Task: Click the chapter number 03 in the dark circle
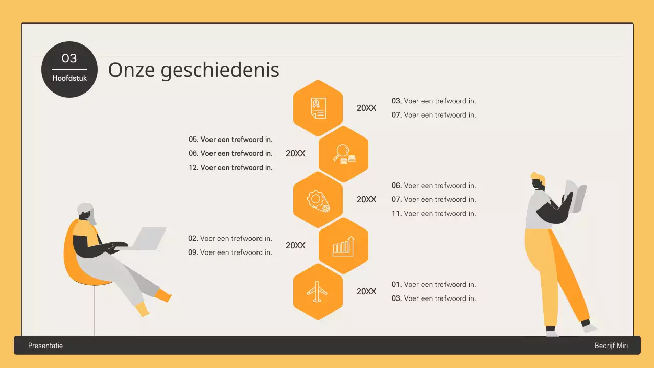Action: click(x=69, y=58)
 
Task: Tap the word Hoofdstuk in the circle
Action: click(x=69, y=79)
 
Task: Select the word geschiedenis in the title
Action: click(x=220, y=70)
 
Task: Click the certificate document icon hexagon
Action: click(x=318, y=108)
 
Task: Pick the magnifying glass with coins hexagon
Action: click(x=343, y=154)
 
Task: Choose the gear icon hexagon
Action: click(x=318, y=199)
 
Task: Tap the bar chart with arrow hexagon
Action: click(x=343, y=245)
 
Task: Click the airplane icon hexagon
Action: click(x=318, y=291)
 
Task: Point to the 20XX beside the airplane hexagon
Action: click(x=366, y=291)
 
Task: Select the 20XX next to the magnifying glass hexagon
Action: click(x=295, y=153)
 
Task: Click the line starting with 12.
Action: click(x=230, y=167)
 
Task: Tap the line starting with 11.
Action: click(x=434, y=213)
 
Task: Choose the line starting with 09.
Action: click(x=230, y=252)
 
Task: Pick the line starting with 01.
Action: click(x=434, y=284)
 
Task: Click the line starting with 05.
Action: click(x=230, y=139)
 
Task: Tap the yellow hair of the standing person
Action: click(x=538, y=178)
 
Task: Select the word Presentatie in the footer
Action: click(x=45, y=346)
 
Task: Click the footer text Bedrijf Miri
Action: click(x=611, y=346)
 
